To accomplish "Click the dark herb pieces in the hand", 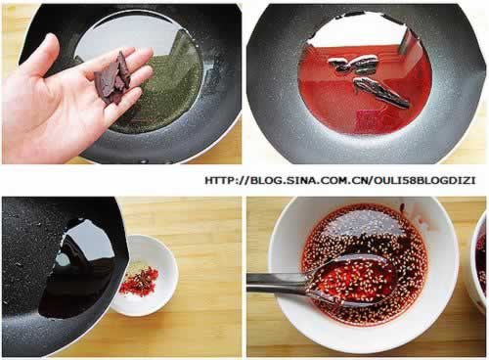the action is (113, 78).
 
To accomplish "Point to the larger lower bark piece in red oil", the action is (380, 93).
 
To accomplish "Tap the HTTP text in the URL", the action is (220, 180).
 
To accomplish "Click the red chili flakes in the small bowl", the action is (139, 280).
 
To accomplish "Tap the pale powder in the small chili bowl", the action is (134, 268).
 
